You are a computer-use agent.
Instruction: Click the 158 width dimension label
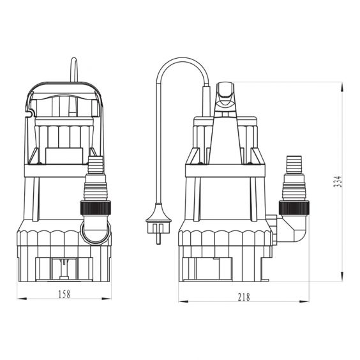[x=64, y=294]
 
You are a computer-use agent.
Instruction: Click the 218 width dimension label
[x=244, y=297]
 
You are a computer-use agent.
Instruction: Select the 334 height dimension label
[x=338, y=182]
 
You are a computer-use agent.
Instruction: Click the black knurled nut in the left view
[x=96, y=208]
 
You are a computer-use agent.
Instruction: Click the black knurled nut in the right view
[x=294, y=208]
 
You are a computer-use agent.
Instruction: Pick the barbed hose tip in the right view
[x=294, y=165]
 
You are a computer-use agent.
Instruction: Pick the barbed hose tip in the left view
[x=96, y=165]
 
